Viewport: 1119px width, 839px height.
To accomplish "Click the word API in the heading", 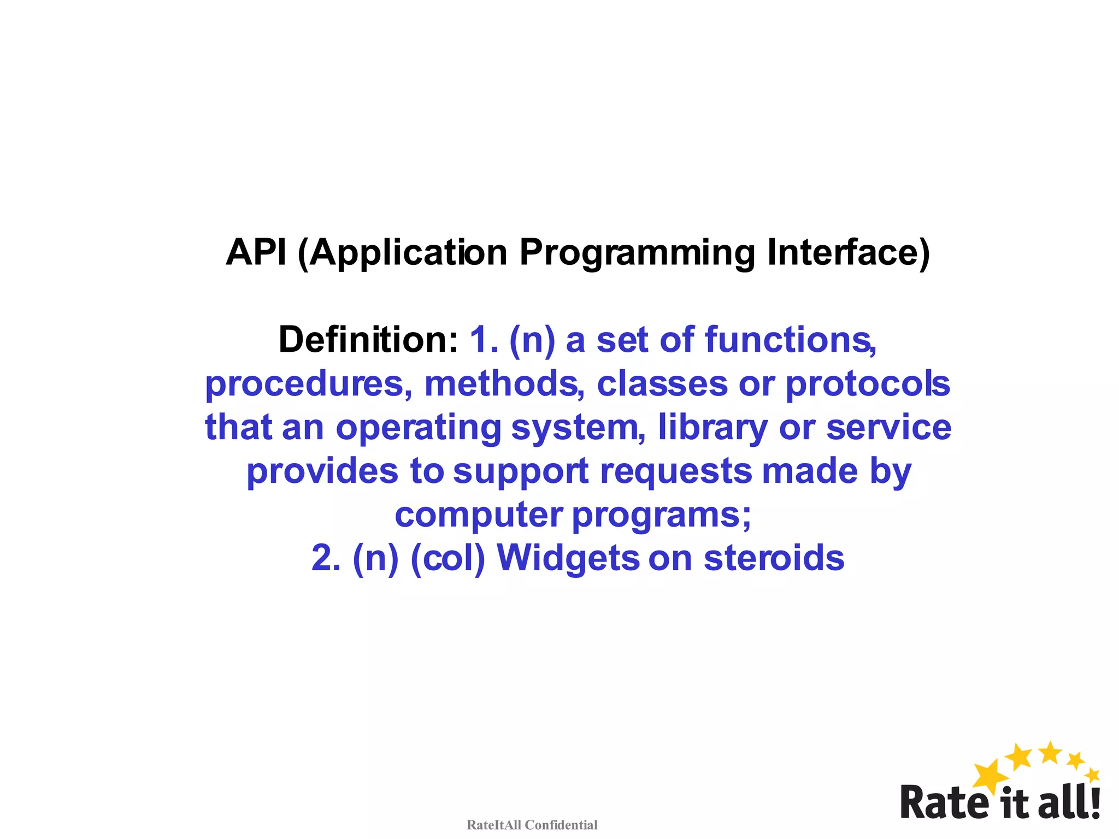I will pos(256,252).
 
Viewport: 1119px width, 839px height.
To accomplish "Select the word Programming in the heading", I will pos(637,253).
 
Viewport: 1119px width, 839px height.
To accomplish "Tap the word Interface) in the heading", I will pos(848,252).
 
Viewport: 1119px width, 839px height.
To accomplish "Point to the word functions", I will pos(790,340).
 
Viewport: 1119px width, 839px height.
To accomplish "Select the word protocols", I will pos(868,385).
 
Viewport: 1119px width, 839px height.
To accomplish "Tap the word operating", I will pos(418,428).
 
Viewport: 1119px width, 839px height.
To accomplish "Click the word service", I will pos(888,427).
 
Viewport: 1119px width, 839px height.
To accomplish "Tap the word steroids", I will pos(774,558).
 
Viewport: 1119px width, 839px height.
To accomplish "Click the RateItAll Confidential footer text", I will pos(532,825).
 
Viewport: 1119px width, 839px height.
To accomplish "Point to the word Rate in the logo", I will pos(944,802).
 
